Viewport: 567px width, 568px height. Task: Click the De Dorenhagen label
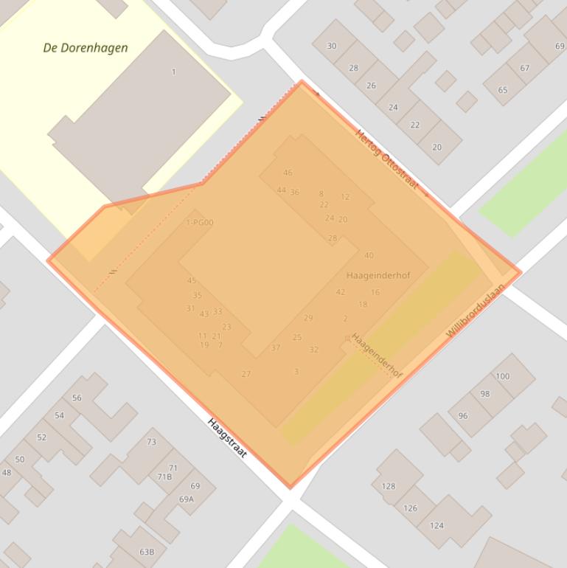click(x=86, y=48)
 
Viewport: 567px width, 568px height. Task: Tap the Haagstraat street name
click(x=226, y=437)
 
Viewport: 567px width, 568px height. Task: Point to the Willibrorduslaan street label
click(x=476, y=311)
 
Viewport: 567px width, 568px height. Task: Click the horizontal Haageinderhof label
click(x=378, y=275)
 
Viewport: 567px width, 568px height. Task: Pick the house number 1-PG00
click(x=200, y=222)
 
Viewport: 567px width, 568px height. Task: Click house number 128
click(x=389, y=486)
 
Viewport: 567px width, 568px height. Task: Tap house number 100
click(x=502, y=376)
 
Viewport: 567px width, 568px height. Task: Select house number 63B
click(x=147, y=552)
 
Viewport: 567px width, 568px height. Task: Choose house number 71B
click(x=164, y=477)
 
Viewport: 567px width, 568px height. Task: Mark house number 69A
click(x=187, y=499)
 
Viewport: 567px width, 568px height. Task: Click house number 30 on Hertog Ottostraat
click(x=332, y=46)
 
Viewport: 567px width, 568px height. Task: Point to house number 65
click(x=503, y=90)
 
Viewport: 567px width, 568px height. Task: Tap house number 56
click(x=77, y=398)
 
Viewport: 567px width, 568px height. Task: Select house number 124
click(x=436, y=525)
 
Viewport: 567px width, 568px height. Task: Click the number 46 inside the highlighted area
click(x=288, y=173)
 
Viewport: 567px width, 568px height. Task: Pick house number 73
click(x=151, y=442)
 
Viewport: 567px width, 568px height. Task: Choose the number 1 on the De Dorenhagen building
click(x=174, y=72)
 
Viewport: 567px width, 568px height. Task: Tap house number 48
click(x=7, y=473)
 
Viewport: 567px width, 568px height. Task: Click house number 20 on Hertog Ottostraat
click(x=436, y=147)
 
